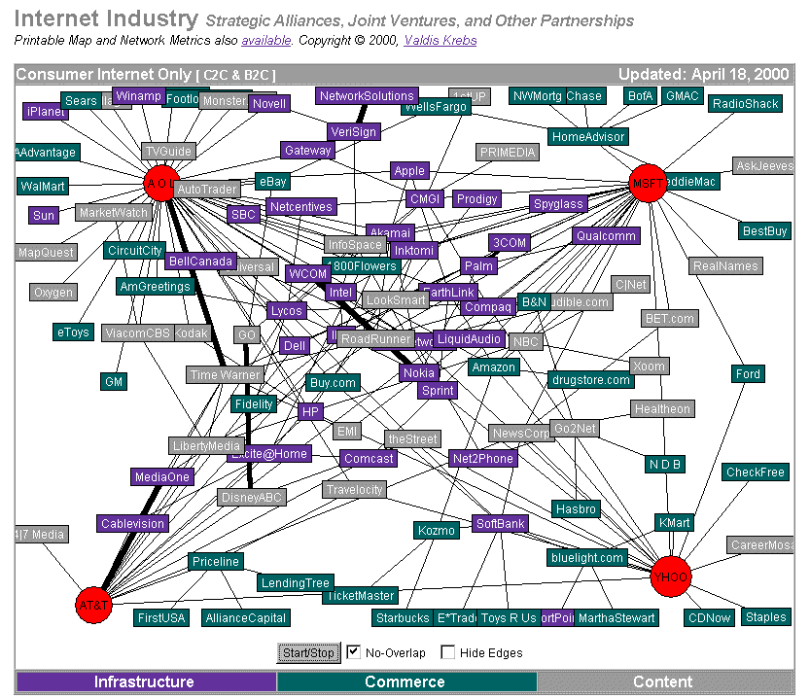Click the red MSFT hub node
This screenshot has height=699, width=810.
pyautogui.click(x=647, y=183)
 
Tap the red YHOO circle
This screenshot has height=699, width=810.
pyautogui.click(x=670, y=575)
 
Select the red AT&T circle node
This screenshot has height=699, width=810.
pyautogui.click(x=94, y=605)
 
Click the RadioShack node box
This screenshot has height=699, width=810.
pyautogui.click(x=746, y=104)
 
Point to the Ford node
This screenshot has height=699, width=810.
pyautogui.click(x=748, y=374)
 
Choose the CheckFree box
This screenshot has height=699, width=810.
pyautogui.click(x=755, y=472)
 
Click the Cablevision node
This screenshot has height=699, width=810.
pyautogui.click(x=133, y=523)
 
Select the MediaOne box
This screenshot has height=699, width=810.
pyautogui.click(x=162, y=477)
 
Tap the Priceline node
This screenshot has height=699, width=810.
pyautogui.click(x=215, y=562)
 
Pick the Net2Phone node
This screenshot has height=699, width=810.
pyautogui.click(x=482, y=458)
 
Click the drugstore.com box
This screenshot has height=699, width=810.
pyautogui.click(x=591, y=380)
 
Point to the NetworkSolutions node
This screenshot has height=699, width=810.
pyautogui.click(x=368, y=96)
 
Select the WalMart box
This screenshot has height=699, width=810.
pyautogui.click(x=43, y=186)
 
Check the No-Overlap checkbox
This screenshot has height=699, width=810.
pyautogui.click(x=354, y=652)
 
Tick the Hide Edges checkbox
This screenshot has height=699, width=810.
pyautogui.click(x=448, y=652)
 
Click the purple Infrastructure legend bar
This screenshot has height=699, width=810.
pyautogui.click(x=144, y=682)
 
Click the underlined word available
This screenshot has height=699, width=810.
pyautogui.click(x=265, y=40)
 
